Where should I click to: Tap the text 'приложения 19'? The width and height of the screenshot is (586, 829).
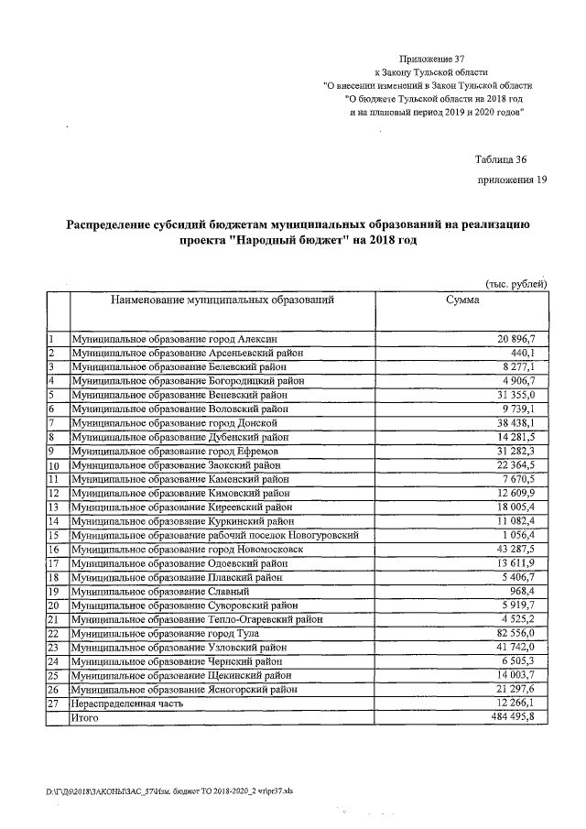(x=512, y=180)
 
